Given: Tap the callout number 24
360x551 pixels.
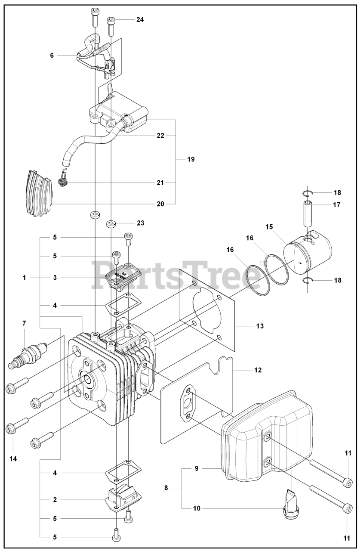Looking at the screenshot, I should [x=140, y=19].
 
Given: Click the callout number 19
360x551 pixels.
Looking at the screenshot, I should [x=191, y=159].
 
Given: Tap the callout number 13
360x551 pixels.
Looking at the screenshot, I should [x=260, y=326].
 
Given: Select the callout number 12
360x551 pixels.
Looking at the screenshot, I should [x=258, y=370].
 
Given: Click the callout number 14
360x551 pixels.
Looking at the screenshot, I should [x=13, y=459].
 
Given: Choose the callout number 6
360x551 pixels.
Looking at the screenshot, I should [x=52, y=56].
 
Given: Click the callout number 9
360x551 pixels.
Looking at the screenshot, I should [x=196, y=468].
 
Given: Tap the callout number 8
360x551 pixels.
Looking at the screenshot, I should [x=166, y=488].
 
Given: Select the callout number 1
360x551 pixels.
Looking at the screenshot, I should [x=25, y=278].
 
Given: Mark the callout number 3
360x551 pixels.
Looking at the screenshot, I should [x=55, y=278].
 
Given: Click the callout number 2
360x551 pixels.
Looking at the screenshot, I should [x=55, y=500].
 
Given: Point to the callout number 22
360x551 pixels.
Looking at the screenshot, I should [x=160, y=136].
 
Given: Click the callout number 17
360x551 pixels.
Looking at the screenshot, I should [x=336, y=205].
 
